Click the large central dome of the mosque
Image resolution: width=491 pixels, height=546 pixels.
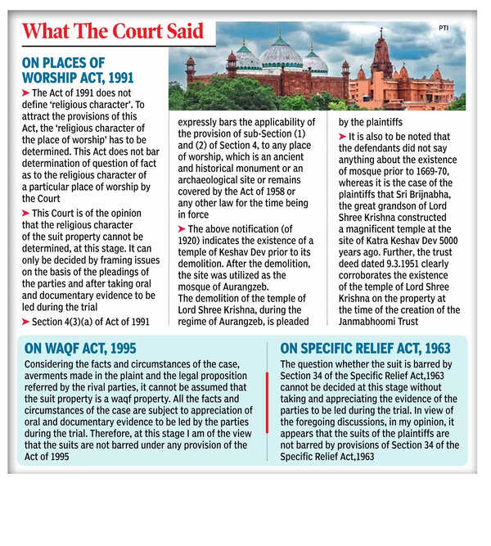281,53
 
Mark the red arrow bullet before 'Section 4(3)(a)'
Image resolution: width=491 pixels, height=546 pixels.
27,322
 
